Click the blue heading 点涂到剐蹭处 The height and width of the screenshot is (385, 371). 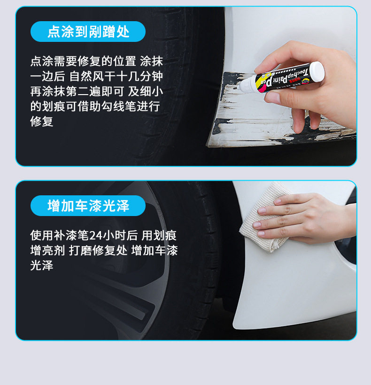pos(88,32)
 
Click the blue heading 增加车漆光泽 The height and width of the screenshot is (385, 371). pos(88,206)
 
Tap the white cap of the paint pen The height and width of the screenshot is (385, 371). pos(317,72)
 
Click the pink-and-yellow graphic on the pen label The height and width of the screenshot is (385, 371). pos(261,83)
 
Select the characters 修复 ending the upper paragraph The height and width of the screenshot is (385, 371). pos(42,121)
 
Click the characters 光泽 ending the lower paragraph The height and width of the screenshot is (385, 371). pos(42,265)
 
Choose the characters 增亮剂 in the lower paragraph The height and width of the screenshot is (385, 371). pos(47,250)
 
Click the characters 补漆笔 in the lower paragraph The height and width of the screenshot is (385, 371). pos(71,235)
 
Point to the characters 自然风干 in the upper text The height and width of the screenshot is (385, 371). pos(93,76)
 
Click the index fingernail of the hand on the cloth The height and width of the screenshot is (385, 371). pos(262,211)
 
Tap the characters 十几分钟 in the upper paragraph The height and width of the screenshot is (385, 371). pos(139,76)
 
